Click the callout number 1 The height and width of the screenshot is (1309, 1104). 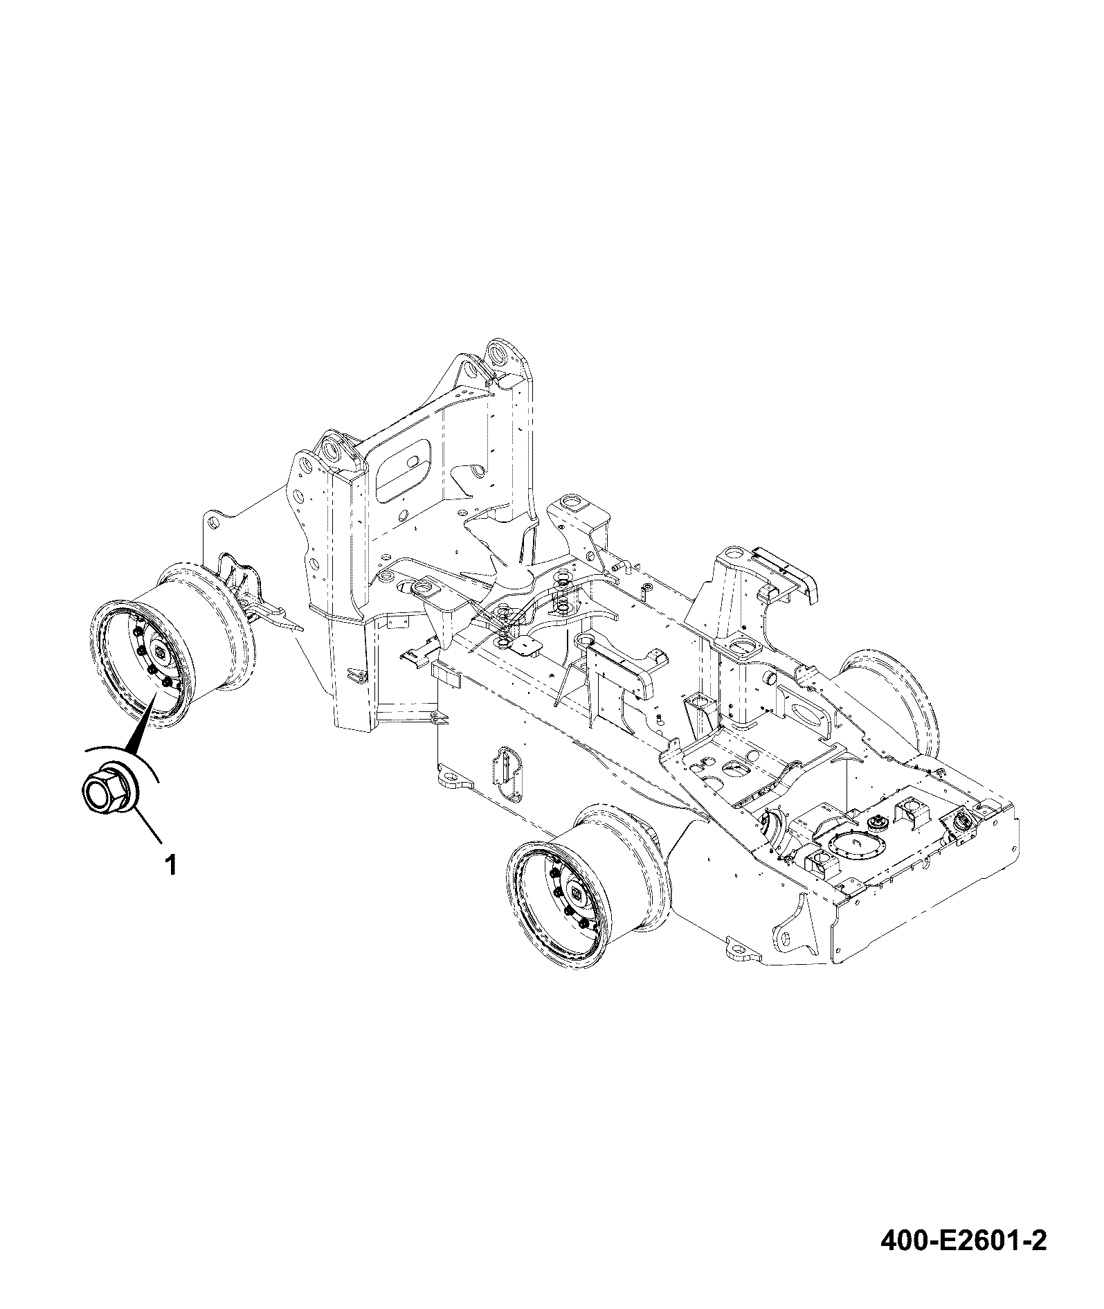[x=170, y=865]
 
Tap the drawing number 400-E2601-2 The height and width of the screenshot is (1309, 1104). [x=963, y=1240]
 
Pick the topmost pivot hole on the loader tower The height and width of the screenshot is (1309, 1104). [x=497, y=354]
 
